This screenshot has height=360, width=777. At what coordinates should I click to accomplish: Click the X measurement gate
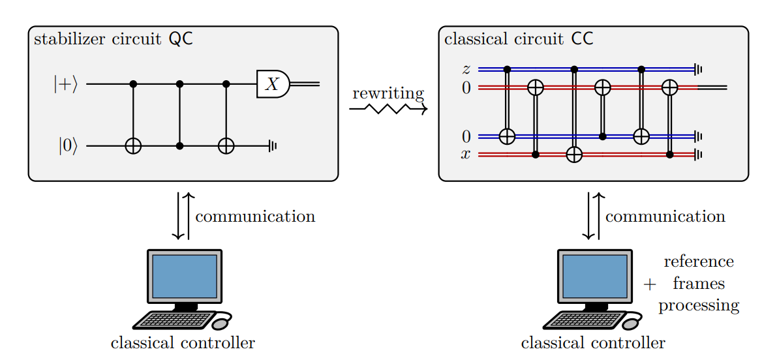273,83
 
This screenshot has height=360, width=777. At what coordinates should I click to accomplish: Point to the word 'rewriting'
388,93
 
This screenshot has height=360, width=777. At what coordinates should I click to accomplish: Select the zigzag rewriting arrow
388,109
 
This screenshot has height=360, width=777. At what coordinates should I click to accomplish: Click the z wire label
466,68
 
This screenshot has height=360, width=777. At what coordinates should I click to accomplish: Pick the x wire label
465,155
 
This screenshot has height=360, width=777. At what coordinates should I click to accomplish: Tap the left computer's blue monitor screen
184,277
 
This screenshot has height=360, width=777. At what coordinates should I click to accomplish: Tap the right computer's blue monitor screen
594,277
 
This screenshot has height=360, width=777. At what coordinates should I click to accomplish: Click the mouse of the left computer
222,322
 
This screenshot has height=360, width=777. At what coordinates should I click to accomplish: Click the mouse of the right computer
632,322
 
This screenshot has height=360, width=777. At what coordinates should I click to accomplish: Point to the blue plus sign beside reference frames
649,284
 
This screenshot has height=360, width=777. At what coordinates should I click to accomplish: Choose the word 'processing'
698,305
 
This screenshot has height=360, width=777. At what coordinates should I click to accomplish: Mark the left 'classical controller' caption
183,342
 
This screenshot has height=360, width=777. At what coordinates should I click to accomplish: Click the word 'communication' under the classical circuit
665,217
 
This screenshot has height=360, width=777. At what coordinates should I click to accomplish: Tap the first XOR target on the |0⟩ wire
133,146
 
